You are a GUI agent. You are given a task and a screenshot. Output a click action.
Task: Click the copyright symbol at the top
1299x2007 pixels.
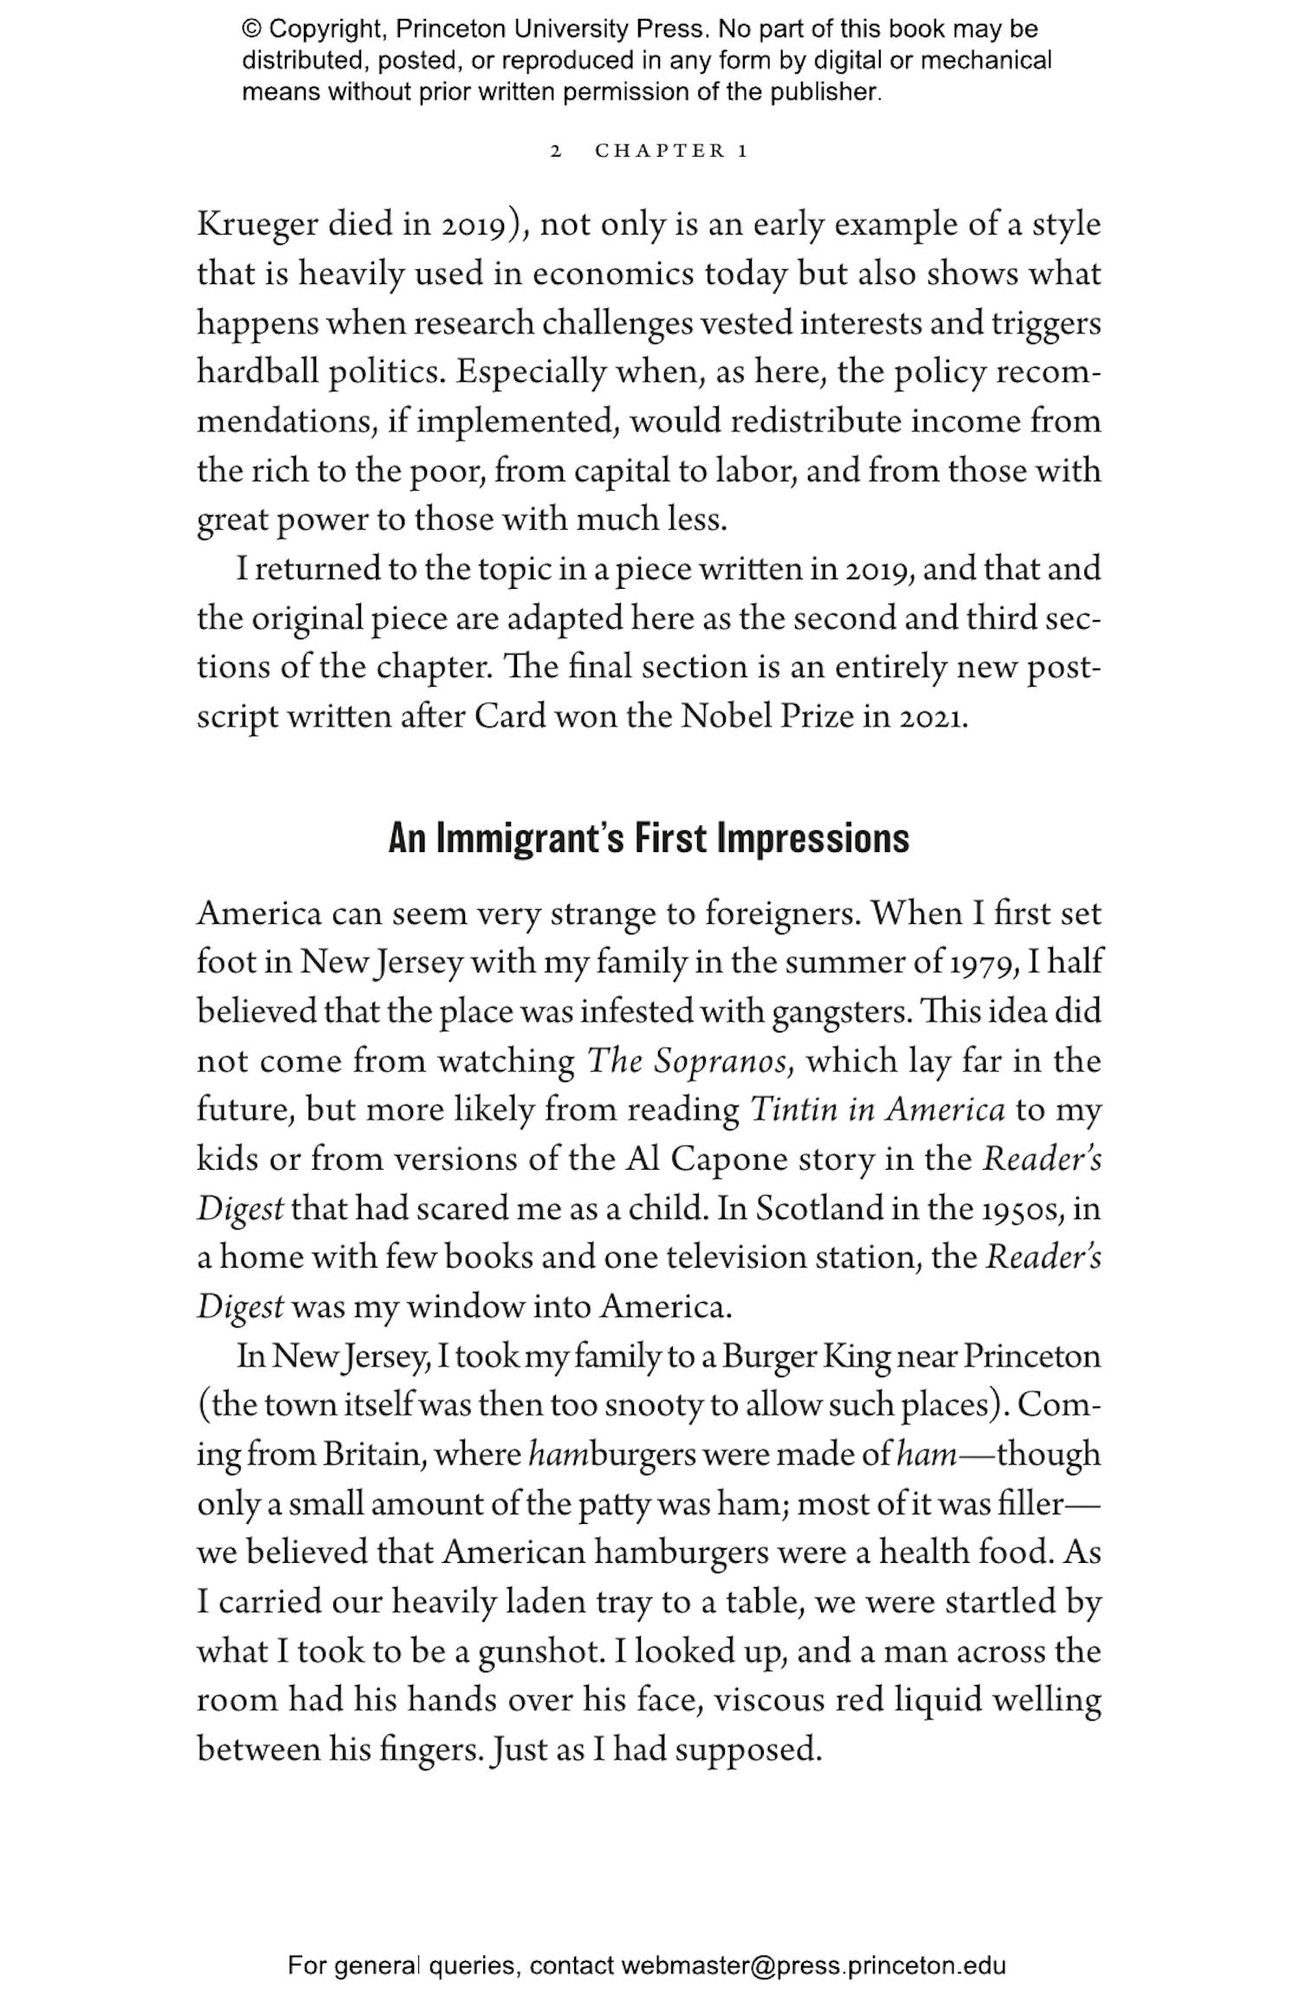[x=251, y=29]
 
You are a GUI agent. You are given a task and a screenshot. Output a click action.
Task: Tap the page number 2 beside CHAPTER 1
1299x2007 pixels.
[x=556, y=152]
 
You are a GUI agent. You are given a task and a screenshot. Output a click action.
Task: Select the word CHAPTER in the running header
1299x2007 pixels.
[x=660, y=152]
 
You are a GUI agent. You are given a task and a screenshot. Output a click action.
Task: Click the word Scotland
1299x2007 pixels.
[x=818, y=1209]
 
